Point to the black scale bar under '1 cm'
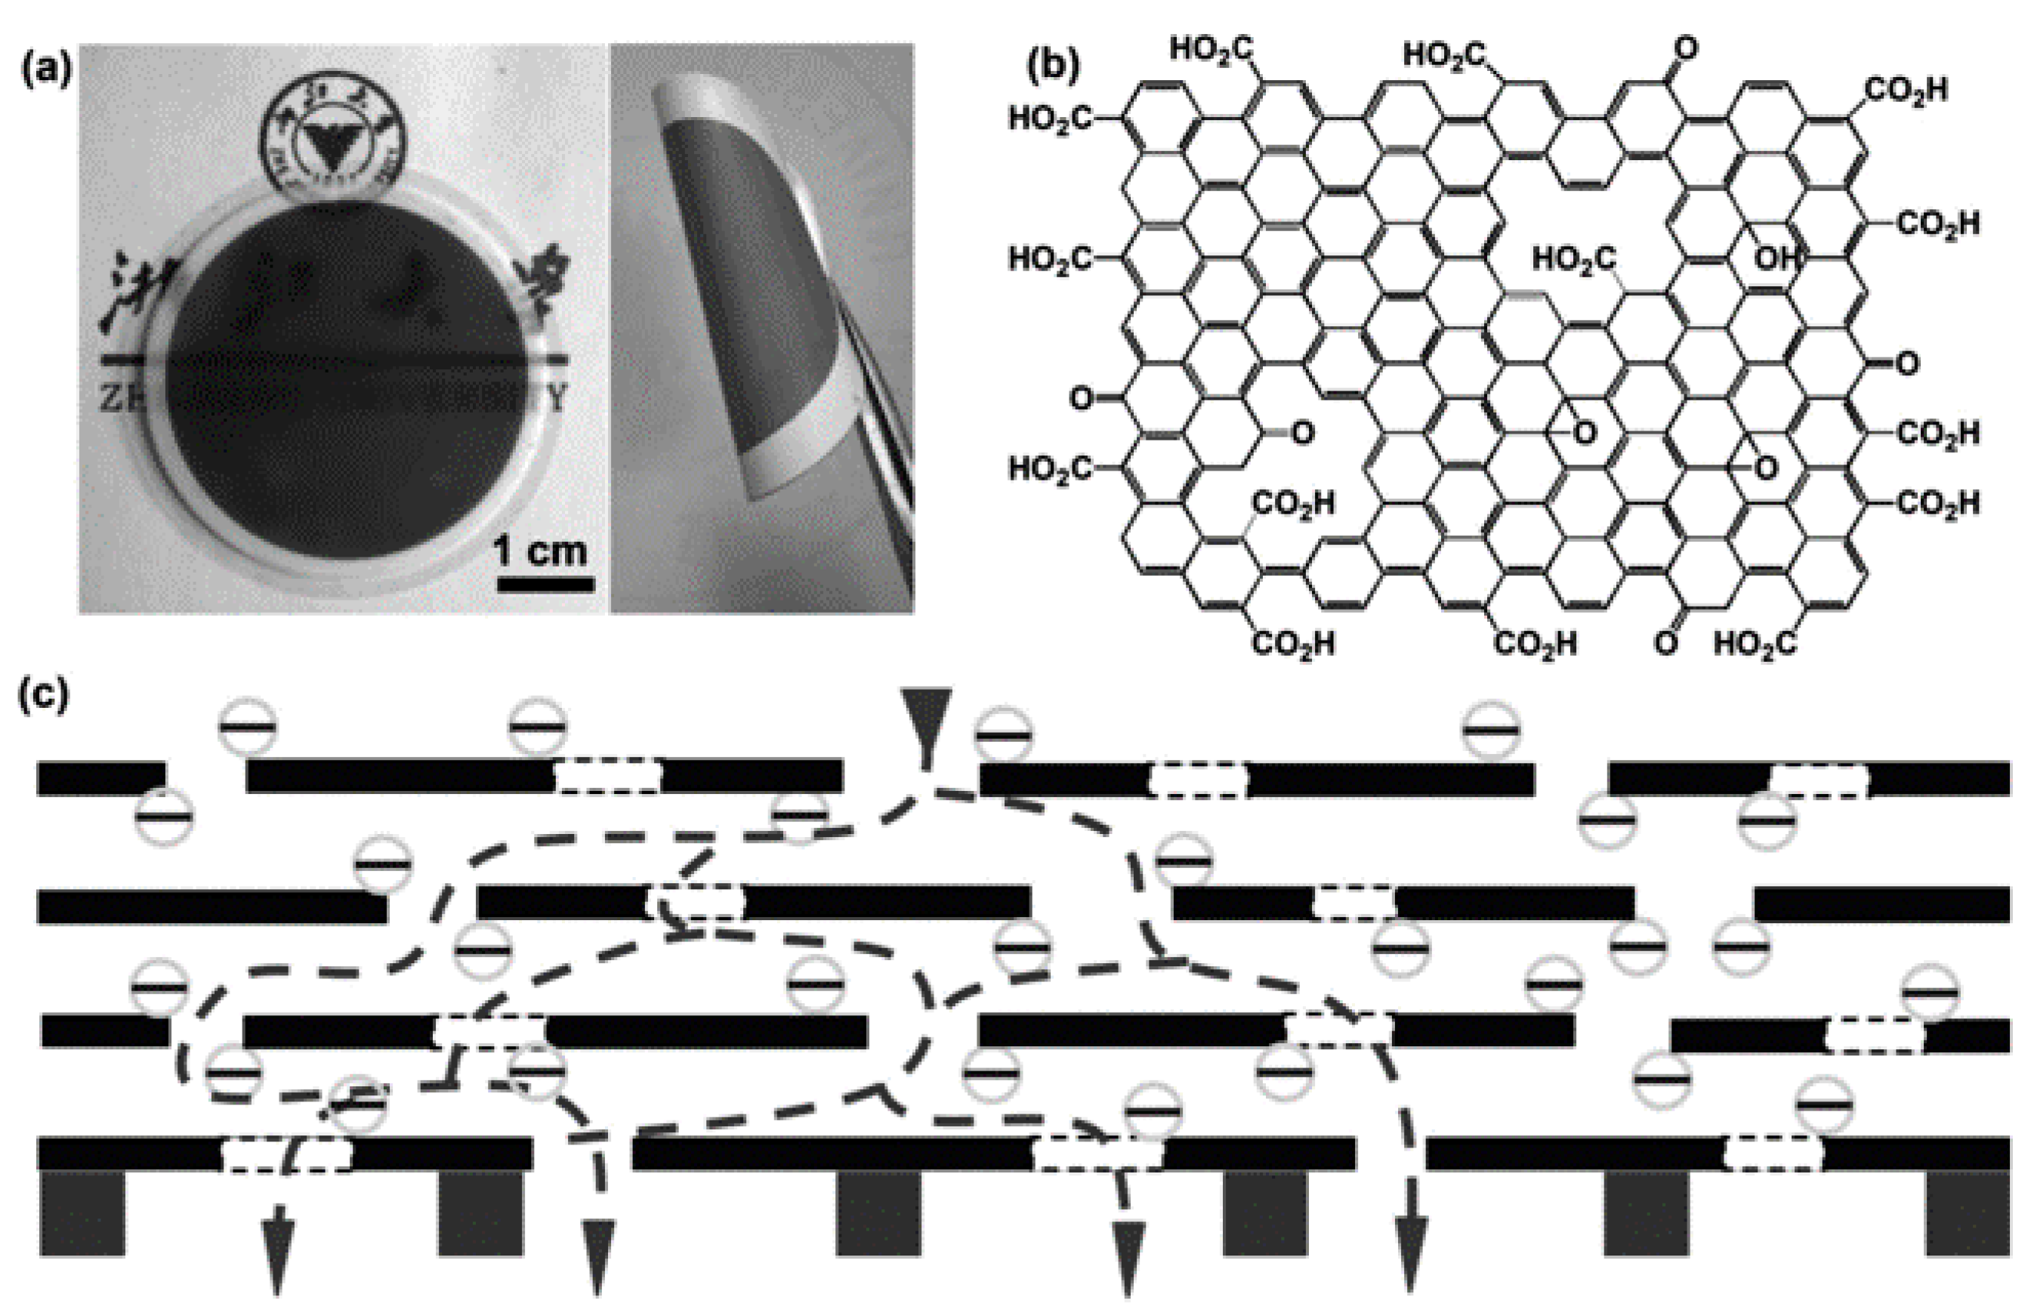point(545,585)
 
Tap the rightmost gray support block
point(1967,1213)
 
